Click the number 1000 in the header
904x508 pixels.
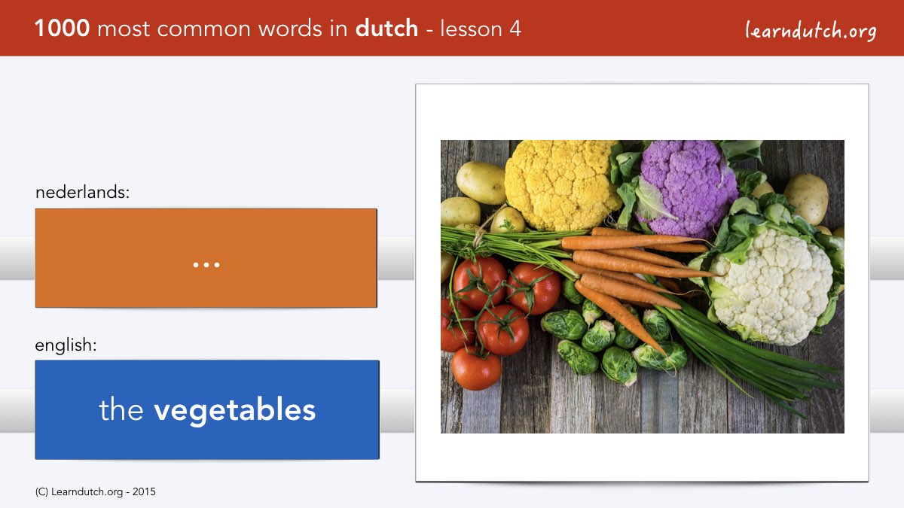pos(62,29)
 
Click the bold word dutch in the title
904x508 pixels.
pos(386,28)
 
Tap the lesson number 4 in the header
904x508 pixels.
pos(515,29)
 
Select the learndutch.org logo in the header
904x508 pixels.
pos(811,31)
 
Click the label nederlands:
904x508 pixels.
pos(82,192)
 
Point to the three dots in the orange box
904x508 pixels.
pos(206,265)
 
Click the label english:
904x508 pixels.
pos(66,345)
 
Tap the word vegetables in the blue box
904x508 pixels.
pos(234,411)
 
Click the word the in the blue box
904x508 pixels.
pos(121,409)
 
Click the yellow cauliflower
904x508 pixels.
pos(561,184)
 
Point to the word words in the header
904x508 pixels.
pos(291,29)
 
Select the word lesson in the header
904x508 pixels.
pos(471,29)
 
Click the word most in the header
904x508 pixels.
pos(124,29)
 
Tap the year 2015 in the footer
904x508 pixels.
pos(144,492)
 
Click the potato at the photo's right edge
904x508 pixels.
pos(806,199)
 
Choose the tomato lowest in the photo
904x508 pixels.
pos(476,368)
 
